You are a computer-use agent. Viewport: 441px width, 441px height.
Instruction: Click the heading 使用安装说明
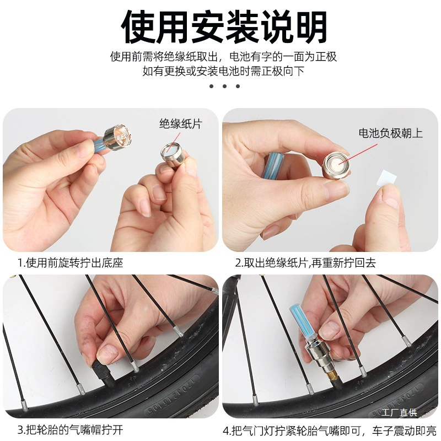click(x=224, y=27)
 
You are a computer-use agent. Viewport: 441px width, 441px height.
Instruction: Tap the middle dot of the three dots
click(x=224, y=86)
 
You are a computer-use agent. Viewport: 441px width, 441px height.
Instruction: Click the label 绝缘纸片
click(x=181, y=123)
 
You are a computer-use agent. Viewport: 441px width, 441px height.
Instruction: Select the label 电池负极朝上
click(x=391, y=133)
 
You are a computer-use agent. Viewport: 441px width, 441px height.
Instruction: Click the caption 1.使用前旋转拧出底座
click(x=71, y=263)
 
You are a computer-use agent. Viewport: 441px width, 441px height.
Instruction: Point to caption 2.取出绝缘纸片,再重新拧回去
click(x=305, y=263)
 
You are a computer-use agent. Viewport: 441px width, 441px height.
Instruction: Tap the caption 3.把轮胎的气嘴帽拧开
click(x=71, y=430)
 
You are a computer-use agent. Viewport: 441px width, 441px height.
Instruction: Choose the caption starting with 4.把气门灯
click(x=330, y=431)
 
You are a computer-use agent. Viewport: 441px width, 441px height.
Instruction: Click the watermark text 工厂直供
click(x=399, y=412)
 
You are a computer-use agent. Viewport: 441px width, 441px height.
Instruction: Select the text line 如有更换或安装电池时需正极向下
click(x=224, y=71)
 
